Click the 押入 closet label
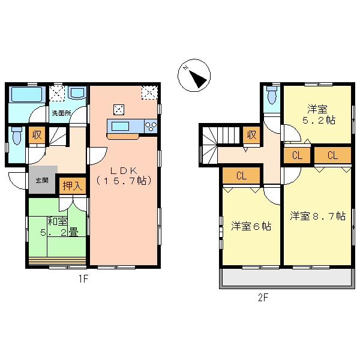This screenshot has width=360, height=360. pos(73,185)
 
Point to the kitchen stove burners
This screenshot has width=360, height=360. pos(151,127)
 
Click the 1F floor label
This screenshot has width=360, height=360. pos(83,278)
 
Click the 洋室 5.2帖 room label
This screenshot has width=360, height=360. pos(318,114)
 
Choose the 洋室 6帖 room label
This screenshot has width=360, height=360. pos(251,226)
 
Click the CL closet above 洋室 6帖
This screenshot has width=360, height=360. pos(241,176)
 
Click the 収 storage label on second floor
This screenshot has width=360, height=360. pos(251,135)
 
